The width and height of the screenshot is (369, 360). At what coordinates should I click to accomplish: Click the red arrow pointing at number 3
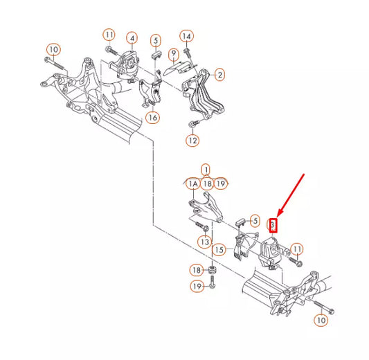(x=291, y=195)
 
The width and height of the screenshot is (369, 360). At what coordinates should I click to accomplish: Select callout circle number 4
(x=132, y=38)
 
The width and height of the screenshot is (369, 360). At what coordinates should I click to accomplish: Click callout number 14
(x=187, y=36)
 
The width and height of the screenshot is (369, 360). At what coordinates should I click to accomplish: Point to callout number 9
(x=174, y=54)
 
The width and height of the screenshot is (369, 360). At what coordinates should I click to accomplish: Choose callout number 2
(x=219, y=75)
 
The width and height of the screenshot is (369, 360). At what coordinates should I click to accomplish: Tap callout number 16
(x=153, y=117)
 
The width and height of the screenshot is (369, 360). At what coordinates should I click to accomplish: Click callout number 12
(x=192, y=141)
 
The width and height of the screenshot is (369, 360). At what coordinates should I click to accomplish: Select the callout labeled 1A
(x=193, y=183)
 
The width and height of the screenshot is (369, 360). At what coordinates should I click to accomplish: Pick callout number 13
(x=205, y=242)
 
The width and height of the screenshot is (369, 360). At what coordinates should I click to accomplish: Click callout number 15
(x=219, y=250)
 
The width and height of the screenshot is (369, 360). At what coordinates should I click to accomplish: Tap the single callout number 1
(x=206, y=170)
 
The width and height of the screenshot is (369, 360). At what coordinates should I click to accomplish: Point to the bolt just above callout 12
(x=194, y=123)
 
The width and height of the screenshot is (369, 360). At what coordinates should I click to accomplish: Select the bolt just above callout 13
(x=201, y=226)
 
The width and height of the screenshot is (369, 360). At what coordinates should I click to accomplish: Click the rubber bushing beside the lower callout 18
(x=213, y=270)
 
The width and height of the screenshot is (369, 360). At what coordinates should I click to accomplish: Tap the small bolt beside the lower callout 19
(x=213, y=282)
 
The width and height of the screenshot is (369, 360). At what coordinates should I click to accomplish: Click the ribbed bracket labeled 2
(x=202, y=94)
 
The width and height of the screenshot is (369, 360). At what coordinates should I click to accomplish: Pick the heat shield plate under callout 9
(x=177, y=68)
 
